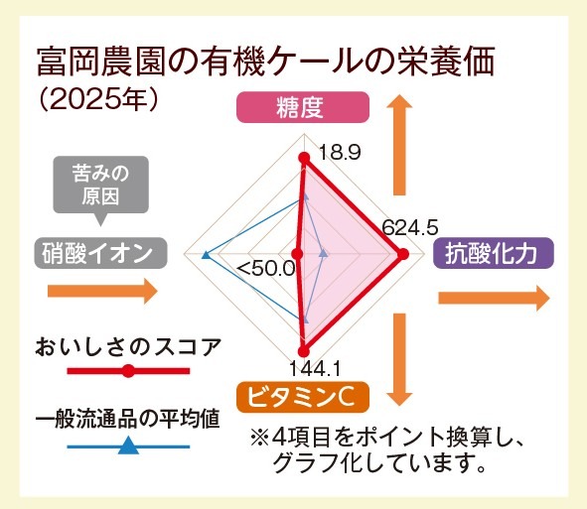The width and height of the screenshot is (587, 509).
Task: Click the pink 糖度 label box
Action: (x=303, y=107)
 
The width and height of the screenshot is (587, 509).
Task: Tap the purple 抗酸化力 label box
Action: (x=494, y=253)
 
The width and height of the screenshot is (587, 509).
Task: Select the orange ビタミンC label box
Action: (x=303, y=397)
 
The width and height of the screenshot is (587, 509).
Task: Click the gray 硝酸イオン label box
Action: (x=100, y=253)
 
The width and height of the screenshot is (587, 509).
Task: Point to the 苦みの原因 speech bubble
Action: (x=100, y=186)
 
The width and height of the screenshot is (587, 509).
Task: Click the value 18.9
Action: (x=340, y=153)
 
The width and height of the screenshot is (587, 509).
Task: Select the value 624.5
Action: (x=410, y=227)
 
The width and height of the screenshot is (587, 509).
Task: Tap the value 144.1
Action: (x=315, y=369)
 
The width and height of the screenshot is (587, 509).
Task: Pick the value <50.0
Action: (x=266, y=269)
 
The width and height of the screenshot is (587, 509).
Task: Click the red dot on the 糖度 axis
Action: (x=304, y=158)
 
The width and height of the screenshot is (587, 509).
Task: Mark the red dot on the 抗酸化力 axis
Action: (x=402, y=254)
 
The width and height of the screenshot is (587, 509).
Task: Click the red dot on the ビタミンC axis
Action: (x=304, y=351)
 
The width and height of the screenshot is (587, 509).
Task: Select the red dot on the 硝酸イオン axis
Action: (x=298, y=254)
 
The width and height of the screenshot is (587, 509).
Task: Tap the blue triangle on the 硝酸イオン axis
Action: (x=206, y=255)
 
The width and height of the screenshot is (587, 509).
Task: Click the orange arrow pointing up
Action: (x=399, y=144)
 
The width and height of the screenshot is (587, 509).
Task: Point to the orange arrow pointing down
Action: (x=399, y=360)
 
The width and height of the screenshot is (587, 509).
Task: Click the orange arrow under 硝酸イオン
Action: (x=102, y=291)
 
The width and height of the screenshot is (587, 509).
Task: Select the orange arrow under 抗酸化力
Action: (x=495, y=298)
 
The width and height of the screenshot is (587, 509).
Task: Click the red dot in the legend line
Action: (x=128, y=371)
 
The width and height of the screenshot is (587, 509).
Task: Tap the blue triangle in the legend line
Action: (x=128, y=446)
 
